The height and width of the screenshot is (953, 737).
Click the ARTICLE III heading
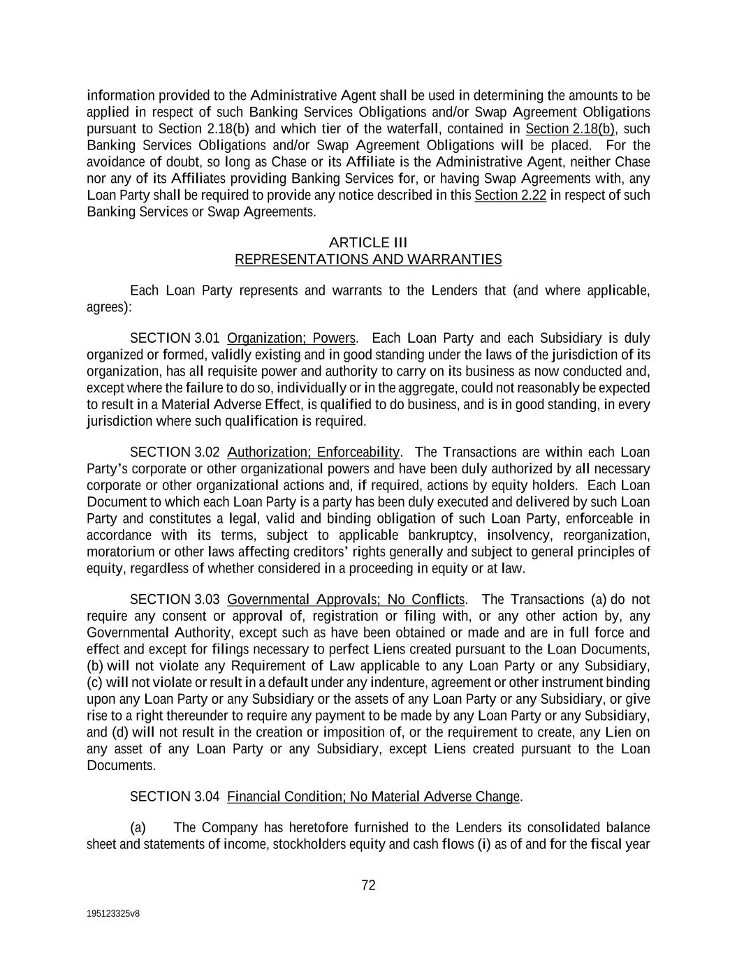367,242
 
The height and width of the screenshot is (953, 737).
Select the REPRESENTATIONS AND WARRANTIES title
367,259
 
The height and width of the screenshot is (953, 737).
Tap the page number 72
368,885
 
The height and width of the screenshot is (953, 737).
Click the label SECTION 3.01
175,339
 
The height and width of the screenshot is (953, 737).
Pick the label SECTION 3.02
175,452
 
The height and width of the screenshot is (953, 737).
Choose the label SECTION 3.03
175,600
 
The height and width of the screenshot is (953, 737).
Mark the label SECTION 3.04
175,797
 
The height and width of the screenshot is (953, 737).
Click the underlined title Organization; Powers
291,339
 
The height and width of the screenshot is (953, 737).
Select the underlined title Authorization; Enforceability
314,452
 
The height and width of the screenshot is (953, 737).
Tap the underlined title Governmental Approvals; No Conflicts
346,600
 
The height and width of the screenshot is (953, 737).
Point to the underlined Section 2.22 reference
510,195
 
